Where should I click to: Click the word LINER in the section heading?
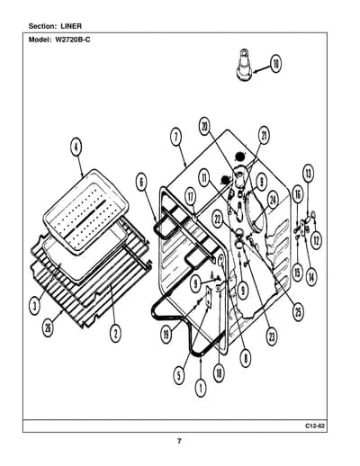(x=71, y=26)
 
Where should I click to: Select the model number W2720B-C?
(x=72, y=40)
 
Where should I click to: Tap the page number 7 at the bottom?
(x=179, y=441)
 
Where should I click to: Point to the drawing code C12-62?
(x=315, y=426)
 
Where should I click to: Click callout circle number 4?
(x=76, y=148)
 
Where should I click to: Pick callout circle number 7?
(x=176, y=137)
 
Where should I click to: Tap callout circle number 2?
(x=115, y=333)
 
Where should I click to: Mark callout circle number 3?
(x=35, y=306)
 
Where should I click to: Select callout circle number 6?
(x=141, y=182)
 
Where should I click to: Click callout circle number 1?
(x=201, y=388)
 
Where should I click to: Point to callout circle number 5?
(x=179, y=375)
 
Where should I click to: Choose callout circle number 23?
(x=272, y=336)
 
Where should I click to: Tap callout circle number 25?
(x=298, y=312)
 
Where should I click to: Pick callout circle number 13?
(x=308, y=174)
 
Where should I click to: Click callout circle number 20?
(x=205, y=127)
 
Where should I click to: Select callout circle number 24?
(x=273, y=200)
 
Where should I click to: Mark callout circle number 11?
(x=204, y=178)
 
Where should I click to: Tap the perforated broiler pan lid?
(x=86, y=211)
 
